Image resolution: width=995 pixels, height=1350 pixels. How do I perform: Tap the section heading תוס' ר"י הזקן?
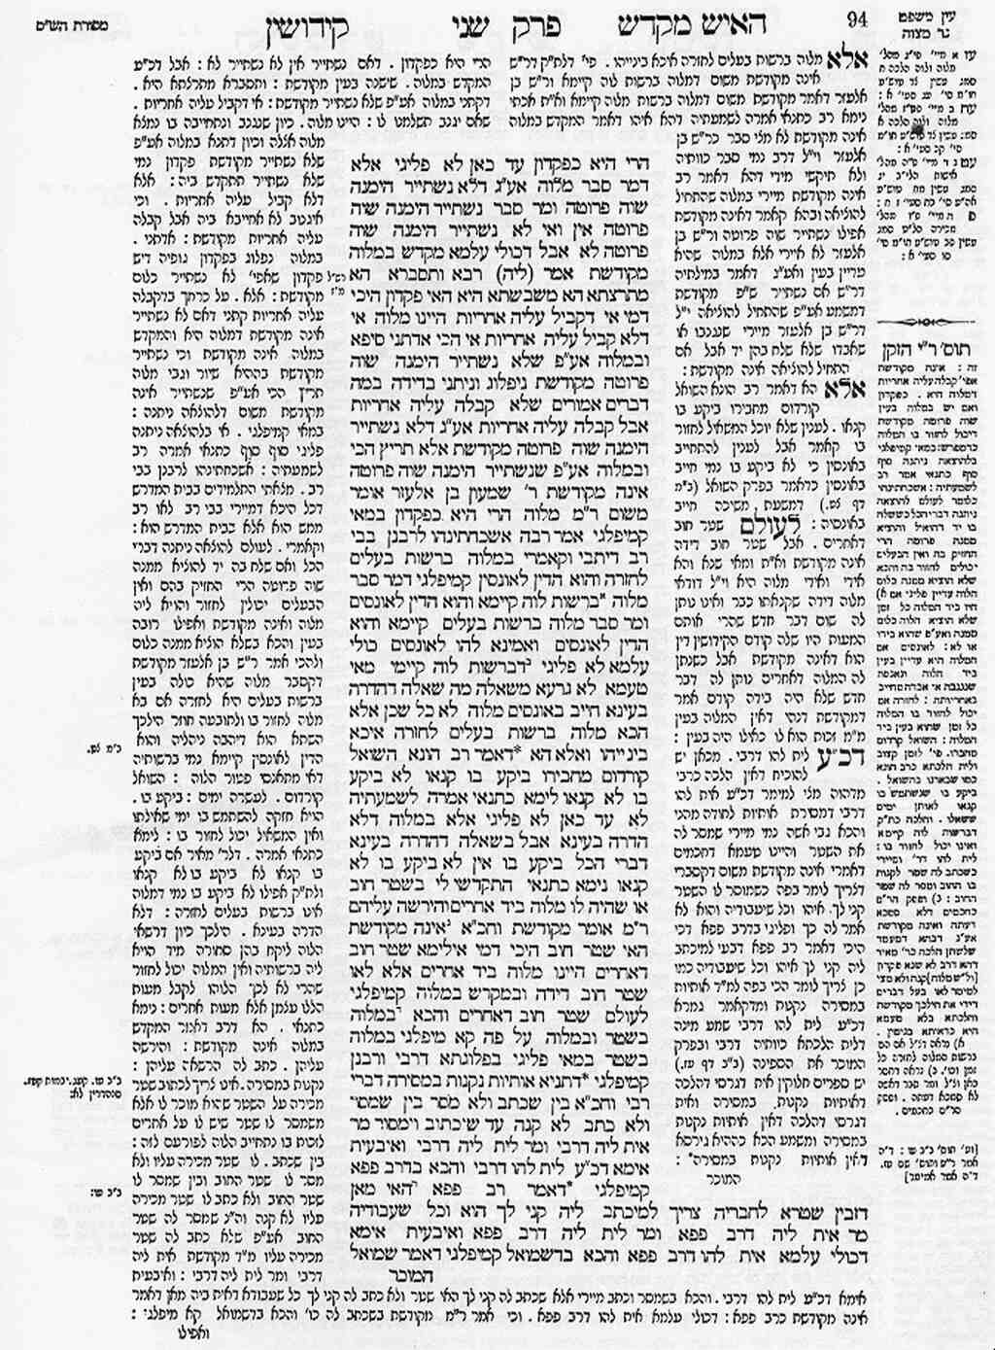click(x=934, y=346)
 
